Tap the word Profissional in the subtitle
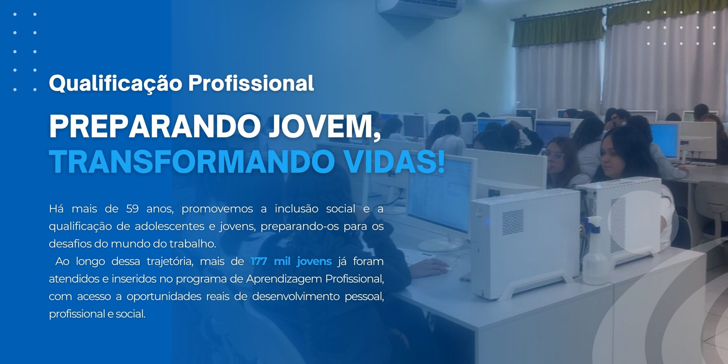coord(251,83)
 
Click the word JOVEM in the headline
coord(321,127)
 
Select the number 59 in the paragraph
coord(132,209)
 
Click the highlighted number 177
coord(259,261)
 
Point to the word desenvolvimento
coord(296,297)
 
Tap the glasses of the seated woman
coord(555,156)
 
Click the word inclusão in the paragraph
coord(297,209)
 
